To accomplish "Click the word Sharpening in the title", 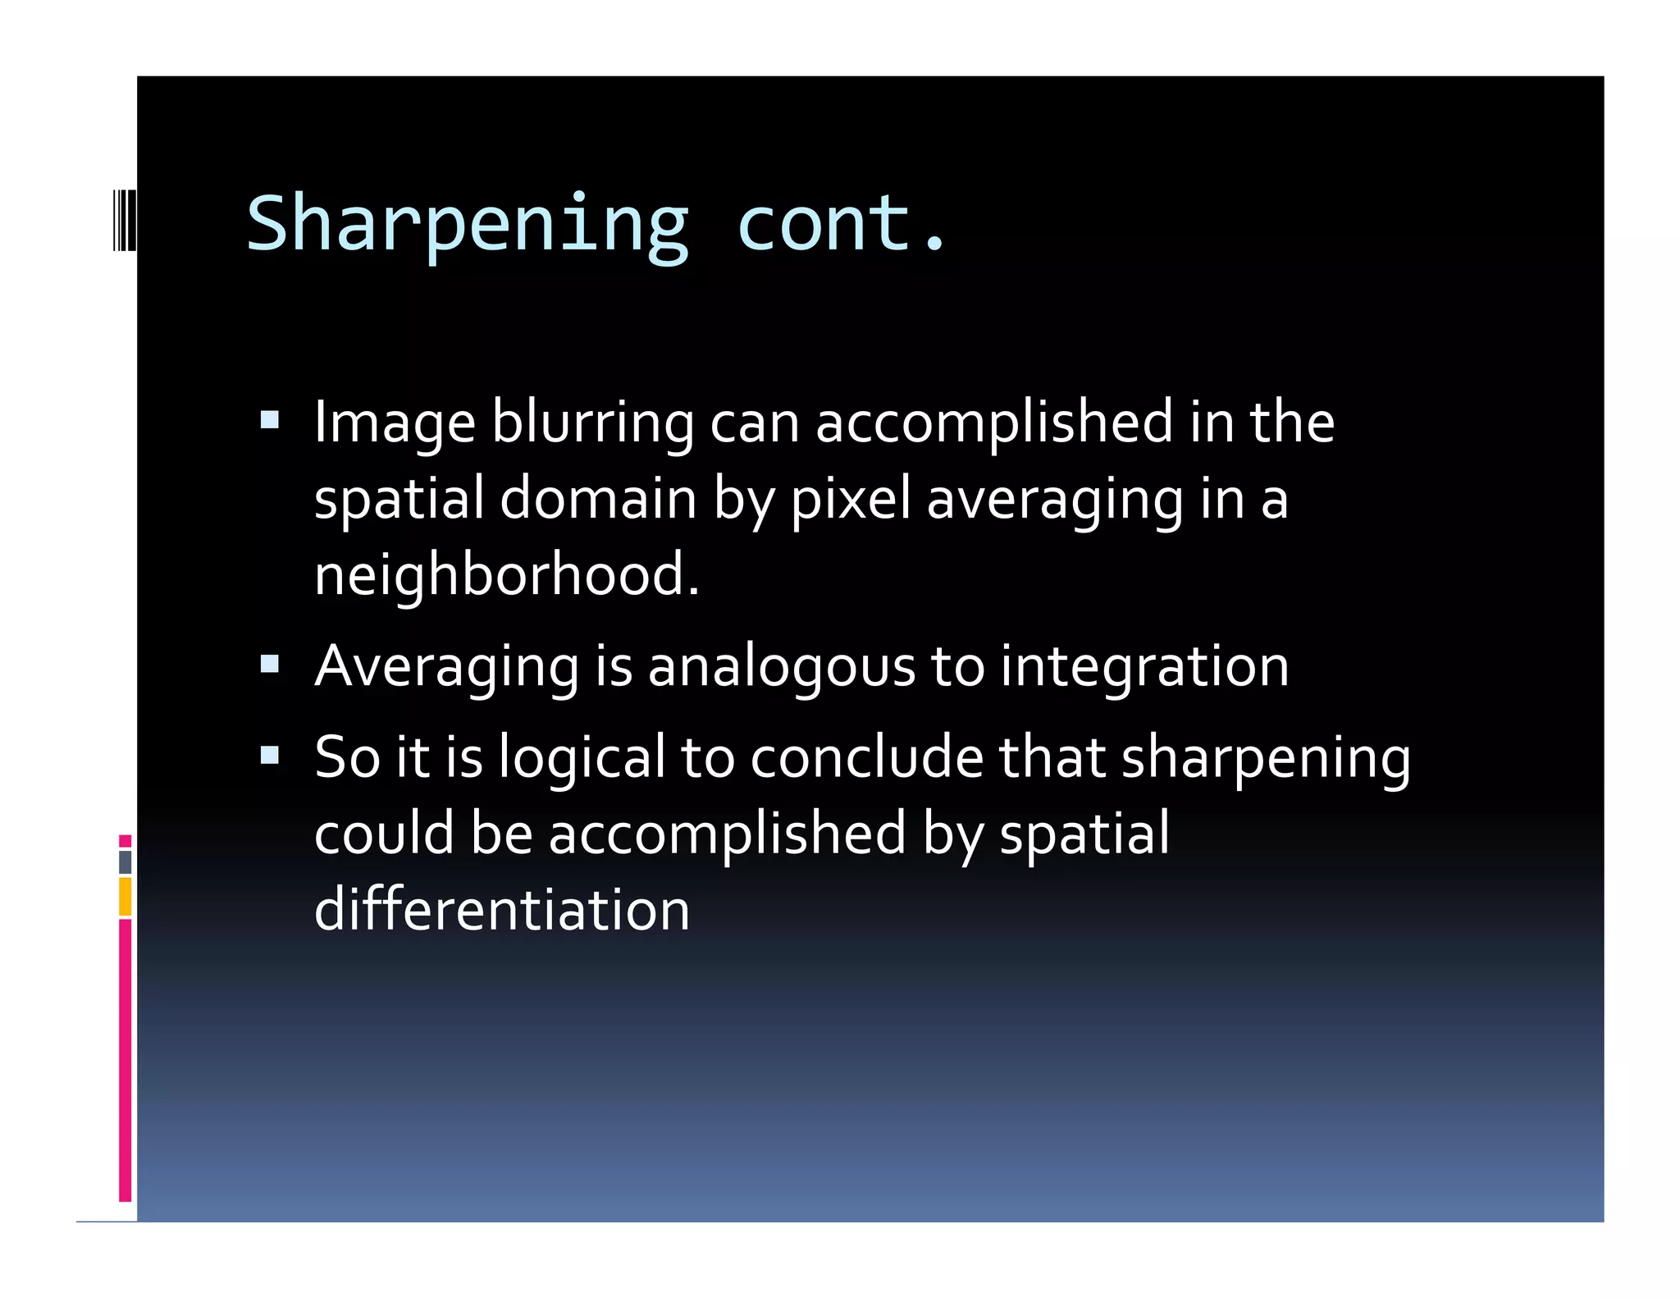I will point(468,224).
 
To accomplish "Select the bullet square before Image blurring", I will point(269,421).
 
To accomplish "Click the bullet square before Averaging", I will point(269,663).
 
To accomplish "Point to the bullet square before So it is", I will point(269,754).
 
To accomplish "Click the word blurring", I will point(592,423).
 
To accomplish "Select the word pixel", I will point(850,499).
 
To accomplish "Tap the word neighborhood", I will point(506,574).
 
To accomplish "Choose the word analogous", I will point(781,666).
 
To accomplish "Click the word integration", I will point(1144,666).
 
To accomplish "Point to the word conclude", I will point(866,756).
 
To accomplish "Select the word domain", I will point(598,499).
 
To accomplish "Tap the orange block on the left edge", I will point(125,896).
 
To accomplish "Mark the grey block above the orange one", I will point(125,862).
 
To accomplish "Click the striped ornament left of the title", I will point(124,219).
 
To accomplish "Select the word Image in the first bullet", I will point(395,423).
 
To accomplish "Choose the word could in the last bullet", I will point(383,833).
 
